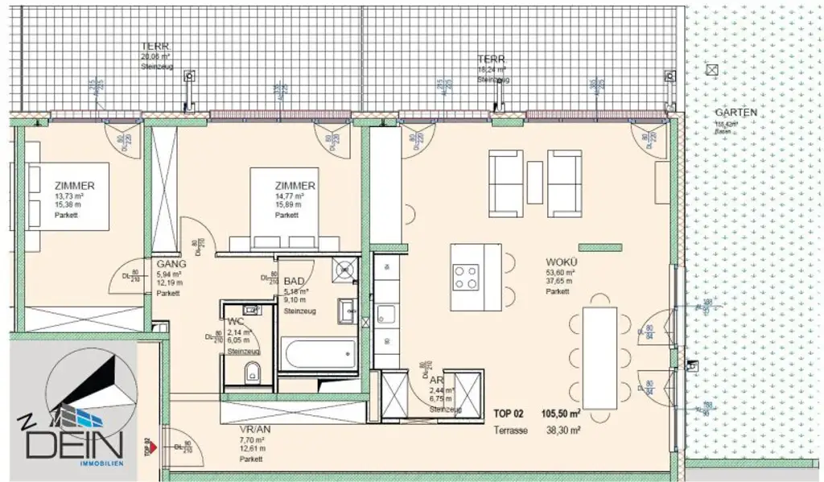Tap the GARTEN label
[x=735, y=113]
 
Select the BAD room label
[x=294, y=281]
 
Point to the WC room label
[x=235, y=322]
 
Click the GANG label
[x=171, y=264]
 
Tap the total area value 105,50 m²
[x=562, y=413]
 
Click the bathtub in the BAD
[x=318, y=353]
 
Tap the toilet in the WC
[x=252, y=372]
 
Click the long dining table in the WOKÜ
[x=599, y=356]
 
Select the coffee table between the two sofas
[x=535, y=182]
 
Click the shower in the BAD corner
[x=347, y=270]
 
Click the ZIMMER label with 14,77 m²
[x=293, y=186]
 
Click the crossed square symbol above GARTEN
[x=710, y=71]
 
